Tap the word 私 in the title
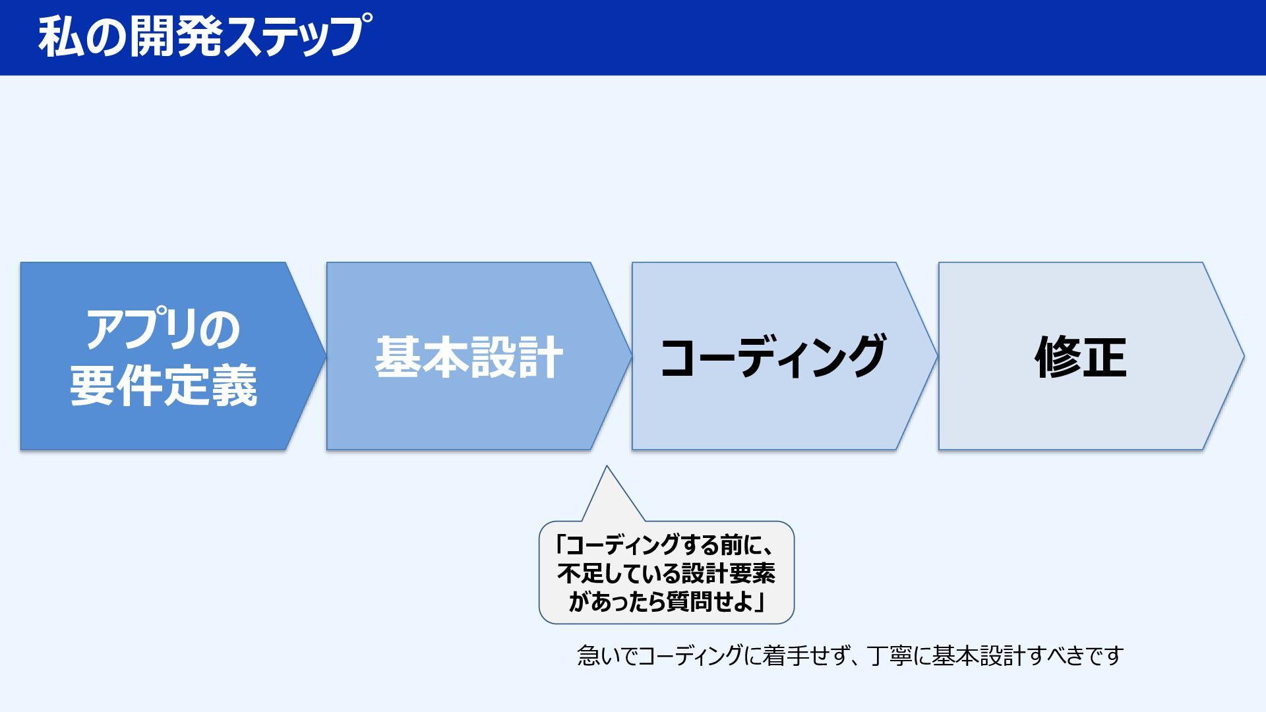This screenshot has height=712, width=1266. (x=61, y=37)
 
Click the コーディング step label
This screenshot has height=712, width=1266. (x=773, y=357)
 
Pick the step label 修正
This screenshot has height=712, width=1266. (x=1080, y=357)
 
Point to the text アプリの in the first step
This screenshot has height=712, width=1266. (x=163, y=330)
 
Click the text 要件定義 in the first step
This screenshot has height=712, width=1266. (x=163, y=386)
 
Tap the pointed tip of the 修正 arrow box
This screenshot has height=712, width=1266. (x=1244, y=357)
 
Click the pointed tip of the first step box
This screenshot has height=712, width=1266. (x=326, y=357)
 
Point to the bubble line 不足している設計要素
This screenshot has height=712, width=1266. (x=666, y=574)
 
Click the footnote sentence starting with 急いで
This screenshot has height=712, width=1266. (x=851, y=656)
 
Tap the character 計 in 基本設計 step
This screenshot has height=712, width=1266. (x=540, y=357)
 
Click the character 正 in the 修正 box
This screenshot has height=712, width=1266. (x=1104, y=357)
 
